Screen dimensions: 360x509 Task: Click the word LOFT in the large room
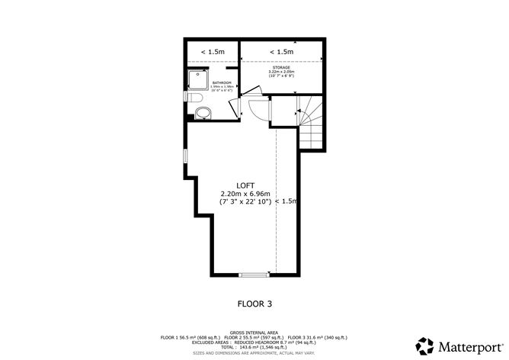coord(245,185)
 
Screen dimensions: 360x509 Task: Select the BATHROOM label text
coord(222,82)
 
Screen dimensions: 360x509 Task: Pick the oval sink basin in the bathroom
coord(202,115)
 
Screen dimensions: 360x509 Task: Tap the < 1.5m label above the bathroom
coord(213,52)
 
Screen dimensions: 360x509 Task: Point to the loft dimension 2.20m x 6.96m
coord(245,194)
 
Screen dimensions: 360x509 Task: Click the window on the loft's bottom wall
coord(254,274)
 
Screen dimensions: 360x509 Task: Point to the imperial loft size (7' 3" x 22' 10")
coord(245,203)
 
